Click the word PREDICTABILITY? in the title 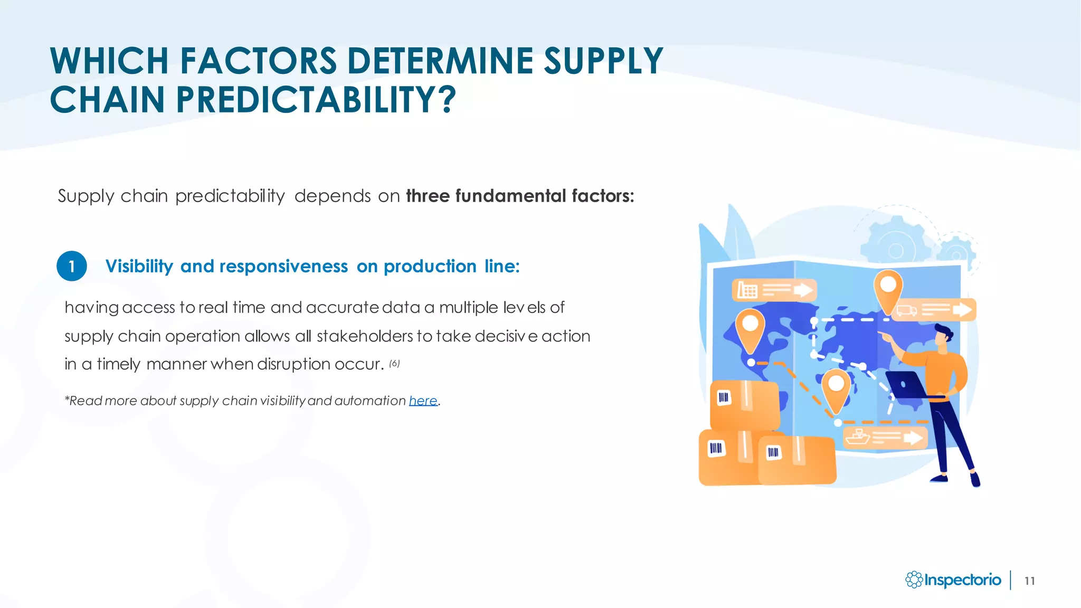[316, 100]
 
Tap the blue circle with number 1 [72, 266]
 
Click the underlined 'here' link [423, 401]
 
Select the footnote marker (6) [394, 364]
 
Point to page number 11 [1029, 581]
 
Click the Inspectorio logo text [962, 580]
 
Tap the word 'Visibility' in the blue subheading [139, 267]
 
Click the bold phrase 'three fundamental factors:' [520, 196]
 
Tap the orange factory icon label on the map [773, 290]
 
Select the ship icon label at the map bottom [885, 438]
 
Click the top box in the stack [744, 404]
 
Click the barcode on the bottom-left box [715, 449]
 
